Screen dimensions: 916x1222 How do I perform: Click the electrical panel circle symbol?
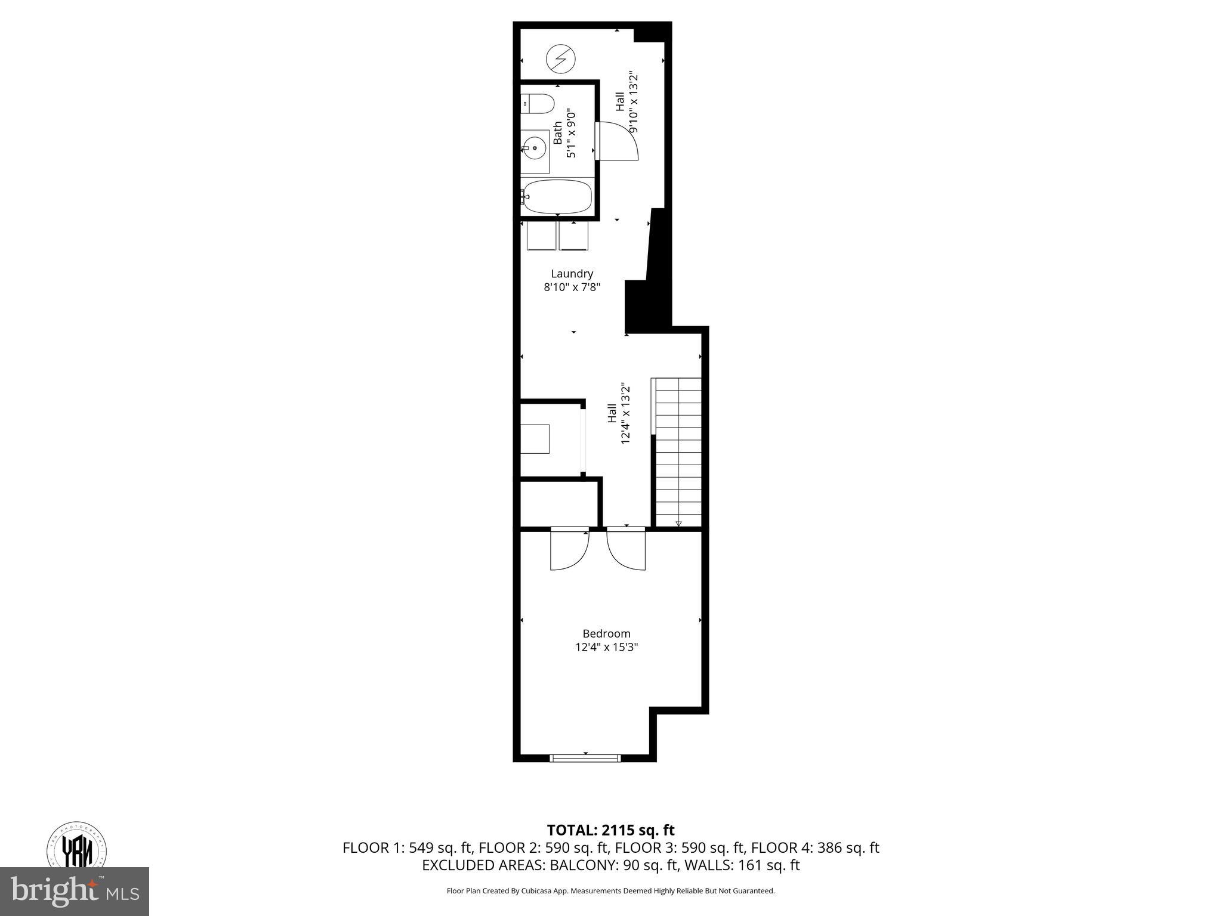(x=561, y=59)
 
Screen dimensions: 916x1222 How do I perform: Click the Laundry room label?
(x=572, y=274)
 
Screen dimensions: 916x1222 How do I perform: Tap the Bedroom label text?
(x=606, y=633)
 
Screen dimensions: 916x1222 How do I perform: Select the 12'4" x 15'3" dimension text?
(x=606, y=647)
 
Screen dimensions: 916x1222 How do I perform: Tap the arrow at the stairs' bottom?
(x=678, y=524)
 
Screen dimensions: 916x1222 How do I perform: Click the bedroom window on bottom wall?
(x=585, y=758)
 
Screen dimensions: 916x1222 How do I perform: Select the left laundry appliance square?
(x=541, y=236)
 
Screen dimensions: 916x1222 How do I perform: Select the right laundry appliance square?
(x=573, y=236)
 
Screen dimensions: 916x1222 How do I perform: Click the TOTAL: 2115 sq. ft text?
(x=610, y=830)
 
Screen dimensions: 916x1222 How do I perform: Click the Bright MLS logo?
(x=74, y=891)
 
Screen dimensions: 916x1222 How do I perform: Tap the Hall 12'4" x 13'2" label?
(x=619, y=413)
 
